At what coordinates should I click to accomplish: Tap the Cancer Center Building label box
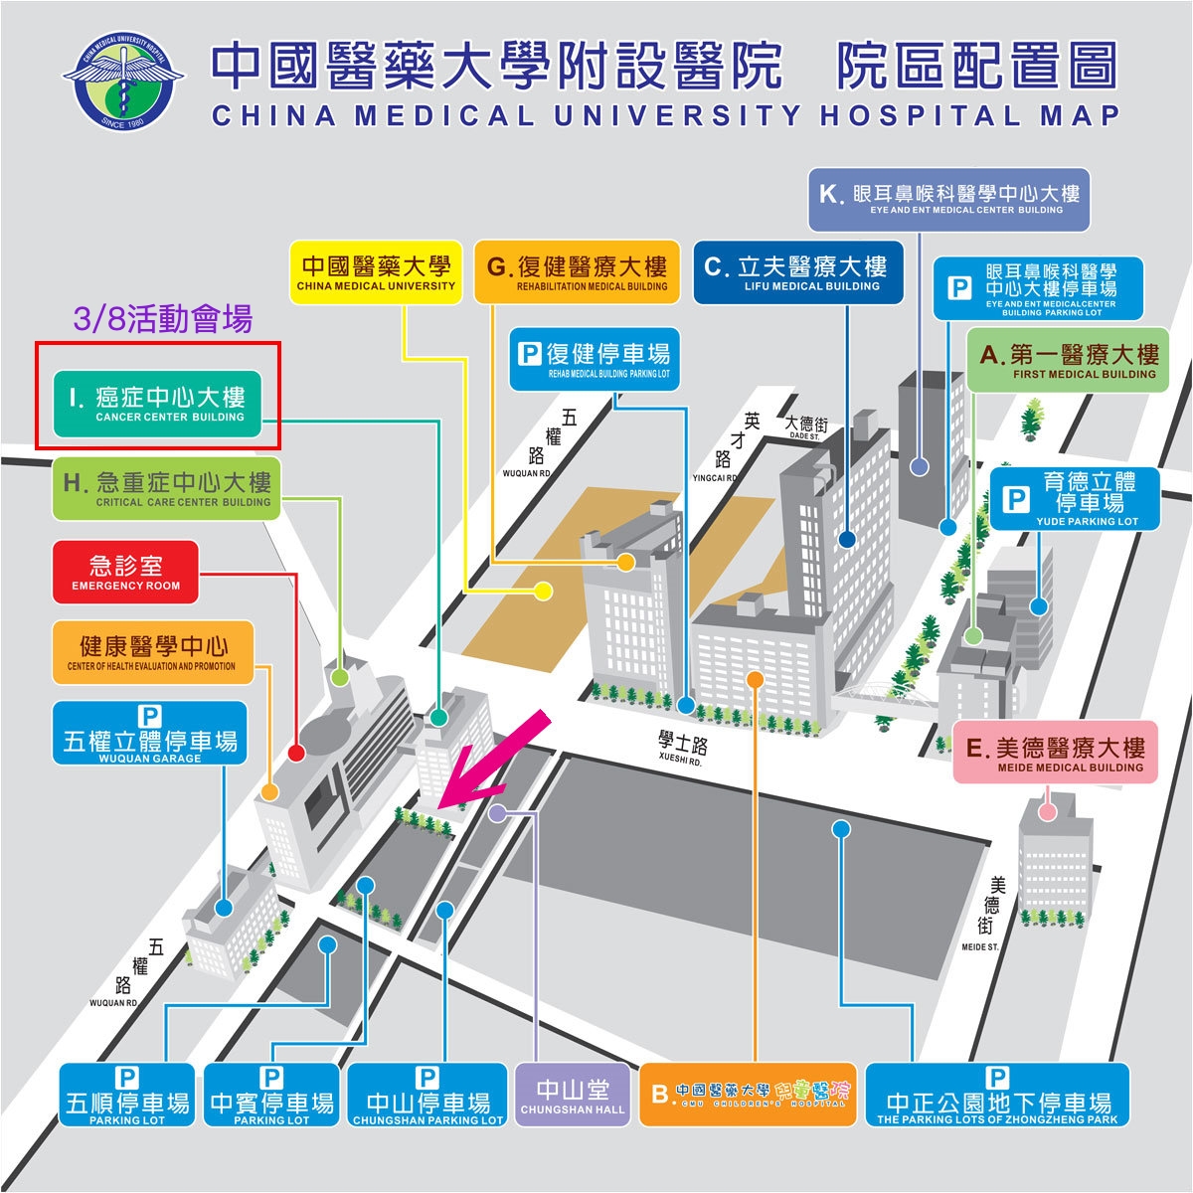click(156, 405)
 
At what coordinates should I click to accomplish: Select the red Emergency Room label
click(125, 573)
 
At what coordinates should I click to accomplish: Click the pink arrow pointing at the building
click(493, 758)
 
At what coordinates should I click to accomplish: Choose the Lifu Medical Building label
click(798, 272)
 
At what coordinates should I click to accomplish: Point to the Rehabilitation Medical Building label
click(577, 272)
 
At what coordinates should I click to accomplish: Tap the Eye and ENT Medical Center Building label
click(950, 198)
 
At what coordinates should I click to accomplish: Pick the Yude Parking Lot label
click(1075, 498)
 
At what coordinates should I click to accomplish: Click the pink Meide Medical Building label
click(1056, 753)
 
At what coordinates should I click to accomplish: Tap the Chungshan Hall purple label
click(573, 1096)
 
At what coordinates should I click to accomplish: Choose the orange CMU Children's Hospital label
click(748, 1095)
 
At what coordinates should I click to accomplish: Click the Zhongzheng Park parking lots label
click(997, 1095)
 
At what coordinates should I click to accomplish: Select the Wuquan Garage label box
click(150, 733)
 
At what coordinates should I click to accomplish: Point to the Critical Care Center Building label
click(167, 489)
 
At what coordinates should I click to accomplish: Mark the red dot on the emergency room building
click(295, 753)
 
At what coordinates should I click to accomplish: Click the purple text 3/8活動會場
click(163, 319)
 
